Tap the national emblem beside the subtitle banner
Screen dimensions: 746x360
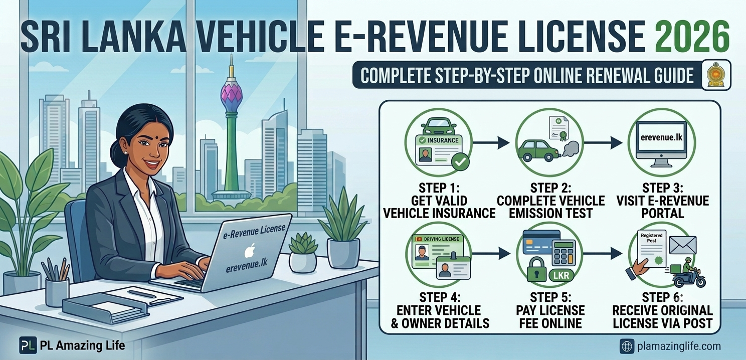(x=716, y=75)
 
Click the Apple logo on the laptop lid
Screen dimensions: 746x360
(x=250, y=251)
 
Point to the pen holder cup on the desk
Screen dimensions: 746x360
(x=57, y=292)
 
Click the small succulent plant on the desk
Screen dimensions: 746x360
(x=303, y=252)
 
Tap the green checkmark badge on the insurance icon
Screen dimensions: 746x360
(x=460, y=162)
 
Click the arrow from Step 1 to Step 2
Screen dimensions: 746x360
(x=491, y=143)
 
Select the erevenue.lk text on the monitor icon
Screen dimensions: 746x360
(x=661, y=137)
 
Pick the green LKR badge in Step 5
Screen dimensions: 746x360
(x=561, y=275)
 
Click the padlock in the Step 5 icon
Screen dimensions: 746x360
(x=536, y=270)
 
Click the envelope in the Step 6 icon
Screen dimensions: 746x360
(x=683, y=245)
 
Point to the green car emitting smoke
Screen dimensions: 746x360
(x=539, y=150)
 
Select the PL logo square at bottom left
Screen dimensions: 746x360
(x=28, y=345)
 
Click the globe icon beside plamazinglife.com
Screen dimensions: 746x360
(x=627, y=346)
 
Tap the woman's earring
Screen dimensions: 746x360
(x=126, y=152)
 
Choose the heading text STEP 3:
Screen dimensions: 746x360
(x=662, y=188)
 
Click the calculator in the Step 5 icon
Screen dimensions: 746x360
(x=564, y=253)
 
